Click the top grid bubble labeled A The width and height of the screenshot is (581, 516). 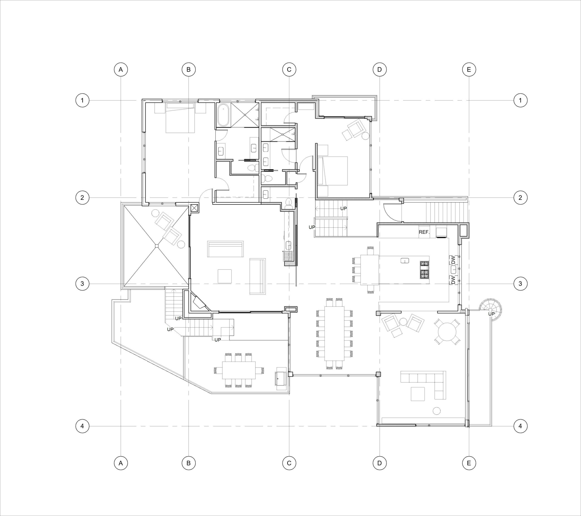[x=121, y=69]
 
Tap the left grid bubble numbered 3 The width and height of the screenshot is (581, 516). [x=82, y=284]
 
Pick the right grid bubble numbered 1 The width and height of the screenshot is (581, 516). [x=520, y=100]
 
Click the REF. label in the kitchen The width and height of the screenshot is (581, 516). [x=424, y=232]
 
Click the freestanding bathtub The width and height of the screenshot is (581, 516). [x=223, y=115]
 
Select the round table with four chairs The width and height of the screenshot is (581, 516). [x=447, y=332]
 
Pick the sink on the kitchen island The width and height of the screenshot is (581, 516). [x=405, y=260]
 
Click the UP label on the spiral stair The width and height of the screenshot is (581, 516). [x=491, y=314]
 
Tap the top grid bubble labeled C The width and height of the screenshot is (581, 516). [x=289, y=69]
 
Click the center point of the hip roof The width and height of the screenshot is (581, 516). [x=156, y=246]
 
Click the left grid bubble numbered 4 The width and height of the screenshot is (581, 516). [x=82, y=426]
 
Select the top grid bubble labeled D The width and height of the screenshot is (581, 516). [x=379, y=69]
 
